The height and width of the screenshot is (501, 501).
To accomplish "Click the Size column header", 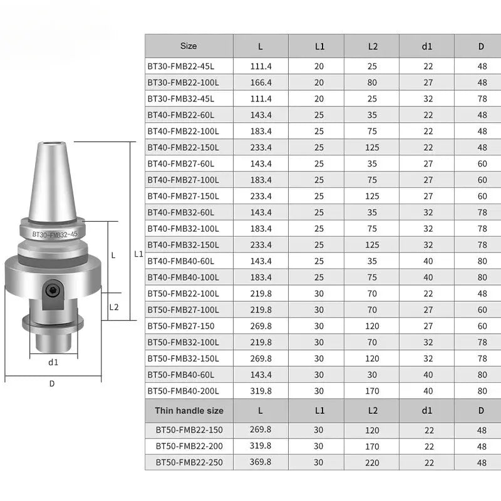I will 188,46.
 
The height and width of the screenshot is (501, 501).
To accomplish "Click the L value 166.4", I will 261,83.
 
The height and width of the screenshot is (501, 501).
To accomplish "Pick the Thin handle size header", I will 189,411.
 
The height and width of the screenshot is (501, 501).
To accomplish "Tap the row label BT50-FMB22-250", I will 189,463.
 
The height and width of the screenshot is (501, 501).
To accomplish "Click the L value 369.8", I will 261,463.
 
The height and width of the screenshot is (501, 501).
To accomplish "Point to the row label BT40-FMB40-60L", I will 181,261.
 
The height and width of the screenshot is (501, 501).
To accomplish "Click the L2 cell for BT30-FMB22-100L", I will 371,83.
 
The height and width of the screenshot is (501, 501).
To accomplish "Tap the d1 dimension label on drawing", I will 53,362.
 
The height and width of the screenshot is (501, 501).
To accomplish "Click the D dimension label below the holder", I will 52,383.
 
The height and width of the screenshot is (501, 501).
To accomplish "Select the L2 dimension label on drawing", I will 113,307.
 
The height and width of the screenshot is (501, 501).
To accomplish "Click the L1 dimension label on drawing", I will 139,254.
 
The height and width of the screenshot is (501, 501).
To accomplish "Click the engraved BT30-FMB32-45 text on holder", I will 55,234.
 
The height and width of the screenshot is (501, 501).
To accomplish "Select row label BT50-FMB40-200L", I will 183,391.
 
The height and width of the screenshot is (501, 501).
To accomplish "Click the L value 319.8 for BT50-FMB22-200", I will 261,447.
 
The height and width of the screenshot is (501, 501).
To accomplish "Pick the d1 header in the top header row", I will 426,46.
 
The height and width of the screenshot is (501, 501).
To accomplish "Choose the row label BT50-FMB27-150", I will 180,326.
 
